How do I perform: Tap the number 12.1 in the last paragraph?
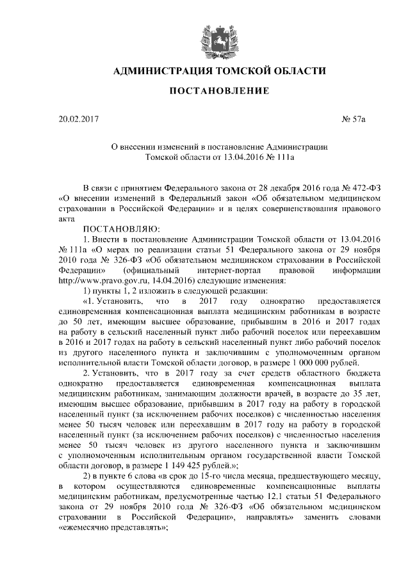[x=282, y=496]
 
